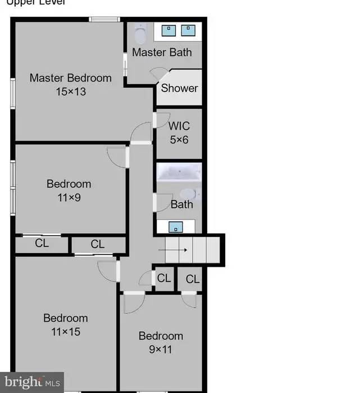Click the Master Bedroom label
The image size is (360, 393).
pos(71,78)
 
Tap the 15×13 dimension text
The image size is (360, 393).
pos(71,91)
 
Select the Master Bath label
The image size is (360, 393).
pos(162,52)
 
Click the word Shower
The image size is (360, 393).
pos(180,88)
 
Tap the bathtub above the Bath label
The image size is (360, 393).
pos(179,171)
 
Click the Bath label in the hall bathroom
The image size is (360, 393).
pos(181,204)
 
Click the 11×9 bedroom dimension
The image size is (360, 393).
pos(69,197)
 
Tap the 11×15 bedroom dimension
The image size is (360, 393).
pos(66,332)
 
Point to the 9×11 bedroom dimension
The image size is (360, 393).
pos(161,349)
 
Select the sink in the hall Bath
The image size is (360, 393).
pos(176,227)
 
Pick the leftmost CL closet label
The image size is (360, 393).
pos(42,244)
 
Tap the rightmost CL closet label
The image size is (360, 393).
pos(193,279)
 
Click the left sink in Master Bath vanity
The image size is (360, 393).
pos(168,29)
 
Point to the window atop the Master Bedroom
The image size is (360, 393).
pos(105,20)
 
